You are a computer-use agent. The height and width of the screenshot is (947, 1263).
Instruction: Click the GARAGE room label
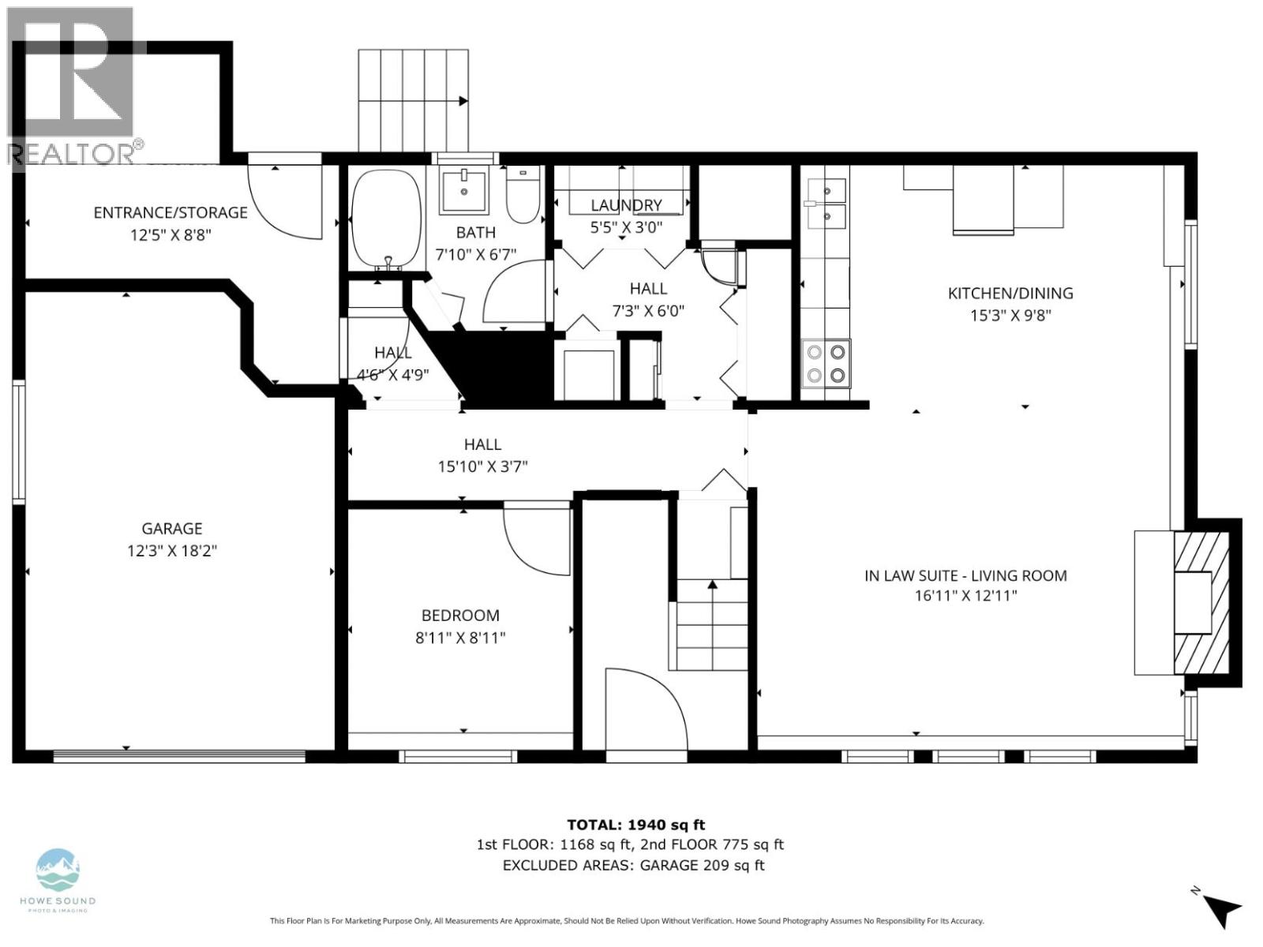coord(172,529)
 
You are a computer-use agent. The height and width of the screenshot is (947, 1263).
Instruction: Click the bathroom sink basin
coord(463,190)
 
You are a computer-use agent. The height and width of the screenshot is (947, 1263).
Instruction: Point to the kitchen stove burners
coord(826,364)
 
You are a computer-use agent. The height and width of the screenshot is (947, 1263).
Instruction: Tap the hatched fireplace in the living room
coord(1201,603)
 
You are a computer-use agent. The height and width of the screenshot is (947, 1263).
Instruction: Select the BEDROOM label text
coord(460,616)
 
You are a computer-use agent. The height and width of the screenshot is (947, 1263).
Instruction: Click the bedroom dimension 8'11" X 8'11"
coord(460,638)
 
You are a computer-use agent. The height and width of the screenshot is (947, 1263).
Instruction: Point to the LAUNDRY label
coord(626,205)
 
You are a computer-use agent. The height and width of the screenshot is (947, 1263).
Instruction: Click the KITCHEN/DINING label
coord(1010,294)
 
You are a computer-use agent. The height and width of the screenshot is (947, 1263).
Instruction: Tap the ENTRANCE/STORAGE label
coord(171,212)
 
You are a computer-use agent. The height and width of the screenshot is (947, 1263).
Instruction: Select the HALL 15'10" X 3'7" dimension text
coord(482,466)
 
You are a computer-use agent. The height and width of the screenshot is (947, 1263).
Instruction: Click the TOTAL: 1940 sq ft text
coord(635,825)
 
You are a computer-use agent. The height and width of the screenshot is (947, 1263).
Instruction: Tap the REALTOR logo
coord(75,87)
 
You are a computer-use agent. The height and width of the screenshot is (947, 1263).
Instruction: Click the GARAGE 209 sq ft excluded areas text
coord(702,865)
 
